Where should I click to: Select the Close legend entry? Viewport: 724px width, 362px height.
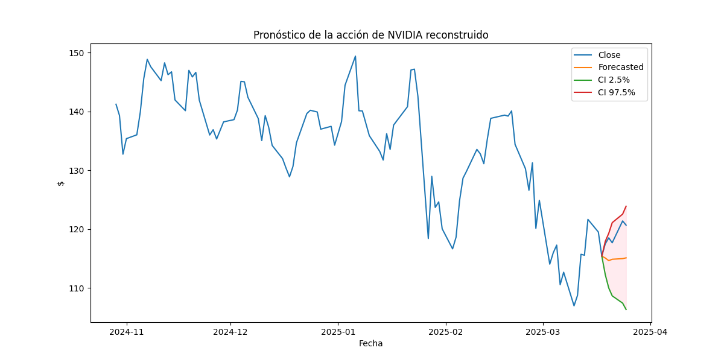609,55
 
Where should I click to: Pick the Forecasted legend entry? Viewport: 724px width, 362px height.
620,68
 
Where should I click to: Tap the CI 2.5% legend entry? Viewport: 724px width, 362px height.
614,80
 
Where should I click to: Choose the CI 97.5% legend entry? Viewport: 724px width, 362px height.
616,93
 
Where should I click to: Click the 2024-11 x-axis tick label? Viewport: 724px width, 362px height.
127,332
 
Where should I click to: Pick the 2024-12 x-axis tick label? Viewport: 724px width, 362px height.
230,332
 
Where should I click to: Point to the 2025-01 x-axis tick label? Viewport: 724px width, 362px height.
338,332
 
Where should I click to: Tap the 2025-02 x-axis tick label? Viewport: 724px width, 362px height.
446,332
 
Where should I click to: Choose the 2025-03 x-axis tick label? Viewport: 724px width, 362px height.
543,332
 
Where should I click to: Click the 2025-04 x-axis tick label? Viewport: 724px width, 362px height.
650,332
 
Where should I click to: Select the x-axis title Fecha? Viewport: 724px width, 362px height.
370,344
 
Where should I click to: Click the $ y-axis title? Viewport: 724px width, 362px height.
60,183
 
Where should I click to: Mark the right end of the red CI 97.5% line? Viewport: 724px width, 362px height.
626,206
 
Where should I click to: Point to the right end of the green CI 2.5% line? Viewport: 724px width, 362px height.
626,310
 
